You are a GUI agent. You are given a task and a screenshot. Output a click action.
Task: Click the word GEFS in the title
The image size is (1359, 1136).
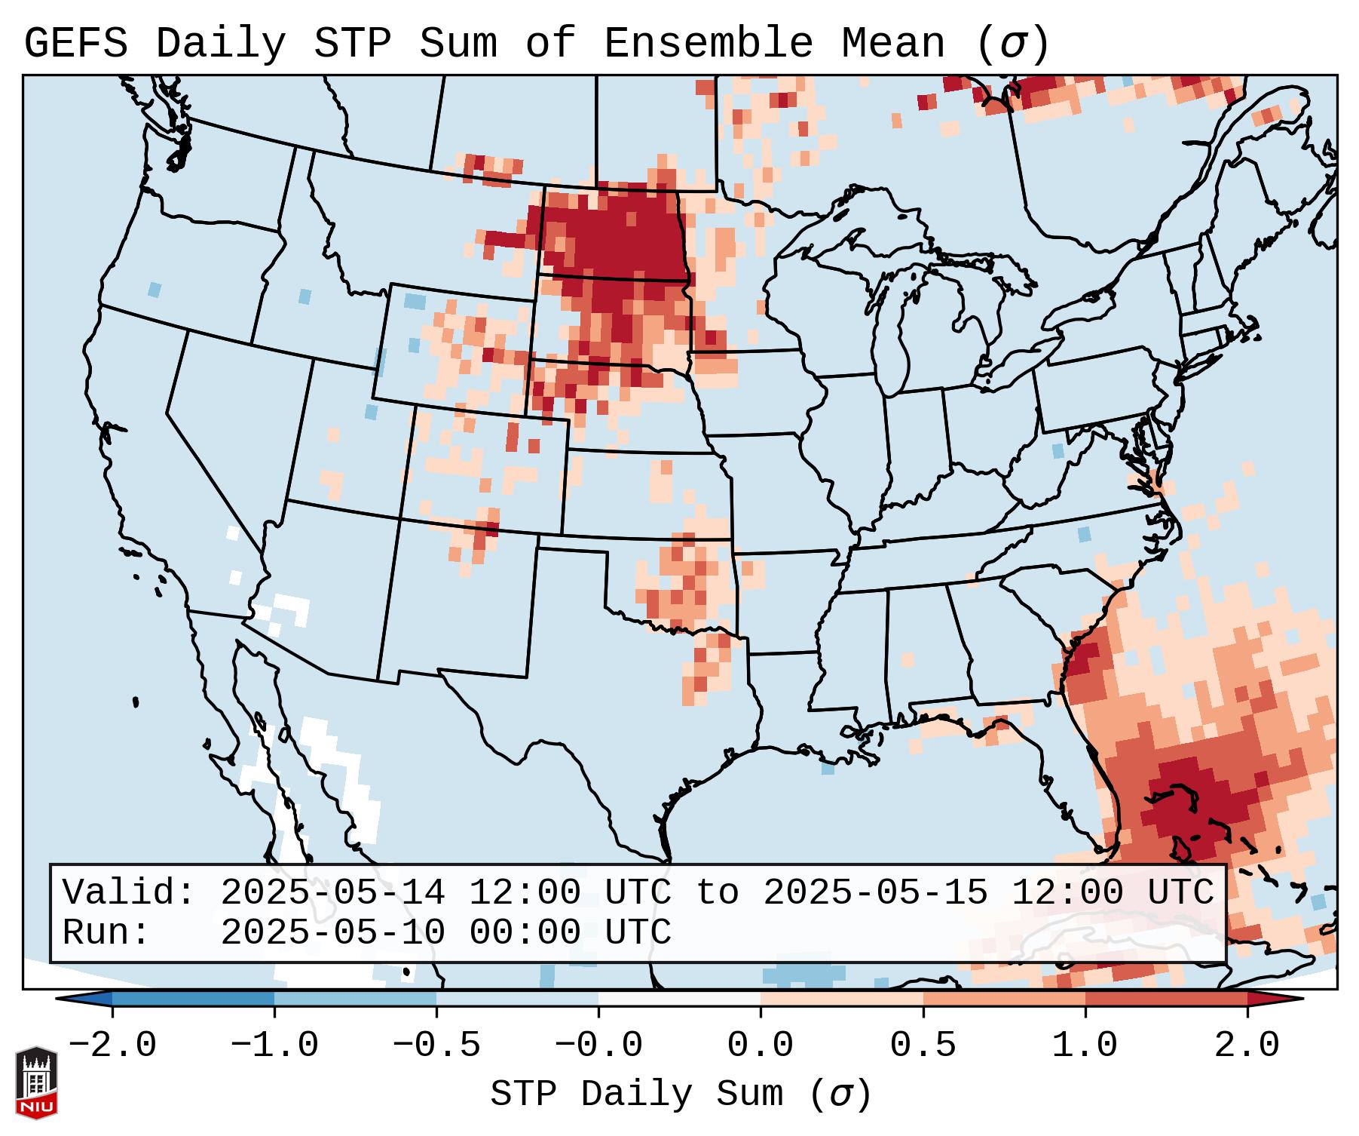coord(75,44)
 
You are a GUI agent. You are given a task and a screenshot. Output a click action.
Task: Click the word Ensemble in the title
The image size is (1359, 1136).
coord(708,44)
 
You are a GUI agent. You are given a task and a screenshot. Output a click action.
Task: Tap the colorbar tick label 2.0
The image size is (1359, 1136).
coord(1247,1045)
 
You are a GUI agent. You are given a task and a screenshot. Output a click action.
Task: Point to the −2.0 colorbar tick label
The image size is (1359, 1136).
coord(112,1045)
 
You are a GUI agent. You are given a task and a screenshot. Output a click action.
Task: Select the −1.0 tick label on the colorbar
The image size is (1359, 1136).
coord(274,1045)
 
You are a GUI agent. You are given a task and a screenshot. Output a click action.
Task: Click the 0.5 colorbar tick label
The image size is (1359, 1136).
coord(923,1045)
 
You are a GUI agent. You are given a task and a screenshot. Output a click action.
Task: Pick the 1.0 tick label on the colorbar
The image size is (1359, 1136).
coord(1085,1045)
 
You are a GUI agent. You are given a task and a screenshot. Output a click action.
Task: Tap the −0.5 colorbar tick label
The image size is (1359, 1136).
coord(436,1045)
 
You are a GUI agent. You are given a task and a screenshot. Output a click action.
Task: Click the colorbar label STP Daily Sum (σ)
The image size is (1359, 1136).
coord(681,1095)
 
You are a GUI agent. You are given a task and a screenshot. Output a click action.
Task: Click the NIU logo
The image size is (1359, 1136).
coord(36,1082)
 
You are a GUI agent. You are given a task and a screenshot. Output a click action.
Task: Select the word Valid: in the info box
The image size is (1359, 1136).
coord(129,893)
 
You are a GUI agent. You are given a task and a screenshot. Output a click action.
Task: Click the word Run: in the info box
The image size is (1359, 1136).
coord(106,933)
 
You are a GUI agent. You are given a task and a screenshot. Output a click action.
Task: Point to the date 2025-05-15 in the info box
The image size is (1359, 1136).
coord(875,893)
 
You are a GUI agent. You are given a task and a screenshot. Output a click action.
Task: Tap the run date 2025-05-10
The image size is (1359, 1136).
coord(332,933)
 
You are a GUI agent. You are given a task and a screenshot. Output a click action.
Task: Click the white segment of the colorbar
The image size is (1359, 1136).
coord(679,999)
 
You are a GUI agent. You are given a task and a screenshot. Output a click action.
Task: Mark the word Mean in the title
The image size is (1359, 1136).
coord(893,44)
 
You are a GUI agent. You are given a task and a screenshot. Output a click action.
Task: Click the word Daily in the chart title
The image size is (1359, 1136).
coord(220,44)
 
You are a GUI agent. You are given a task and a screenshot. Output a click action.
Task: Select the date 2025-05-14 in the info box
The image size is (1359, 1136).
coord(332,893)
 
